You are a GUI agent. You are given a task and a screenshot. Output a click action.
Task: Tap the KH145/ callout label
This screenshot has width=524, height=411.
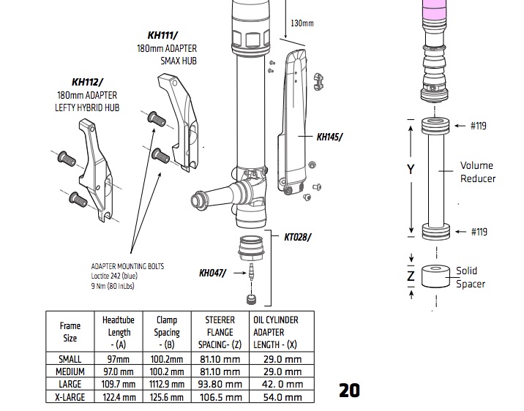[x=330, y=137]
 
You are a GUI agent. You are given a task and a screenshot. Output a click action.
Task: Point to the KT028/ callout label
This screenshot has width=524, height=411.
[x=298, y=236]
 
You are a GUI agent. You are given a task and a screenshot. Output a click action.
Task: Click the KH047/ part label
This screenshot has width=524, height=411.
[x=213, y=274]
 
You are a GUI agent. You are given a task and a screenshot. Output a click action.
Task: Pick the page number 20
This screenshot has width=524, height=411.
[x=350, y=391]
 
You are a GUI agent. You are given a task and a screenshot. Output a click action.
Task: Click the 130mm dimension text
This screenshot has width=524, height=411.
[x=302, y=23]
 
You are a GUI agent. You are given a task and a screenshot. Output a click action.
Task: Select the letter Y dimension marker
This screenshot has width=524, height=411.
[x=411, y=169]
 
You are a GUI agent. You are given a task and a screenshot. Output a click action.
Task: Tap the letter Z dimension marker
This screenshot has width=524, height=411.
[x=411, y=276]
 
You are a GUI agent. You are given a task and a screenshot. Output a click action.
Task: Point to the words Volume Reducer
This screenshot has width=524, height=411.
[x=477, y=172]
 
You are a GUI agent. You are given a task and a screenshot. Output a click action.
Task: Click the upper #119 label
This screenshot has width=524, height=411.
[x=478, y=126]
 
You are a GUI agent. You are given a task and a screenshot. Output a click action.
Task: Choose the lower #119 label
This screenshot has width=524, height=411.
[x=478, y=232]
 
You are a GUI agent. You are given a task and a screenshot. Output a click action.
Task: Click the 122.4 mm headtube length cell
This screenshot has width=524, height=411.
[x=118, y=397]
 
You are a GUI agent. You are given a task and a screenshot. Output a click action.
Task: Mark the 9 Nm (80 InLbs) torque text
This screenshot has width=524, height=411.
[x=113, y=286]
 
